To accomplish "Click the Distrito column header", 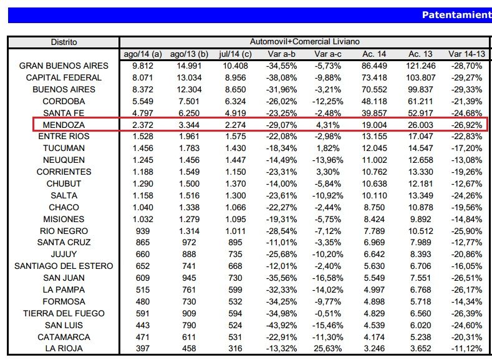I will [x=64, y=42].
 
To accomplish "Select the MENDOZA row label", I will [x=64, y=125].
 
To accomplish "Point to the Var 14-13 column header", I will [x=465, y=54].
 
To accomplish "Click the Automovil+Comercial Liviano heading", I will [x=304, y=42].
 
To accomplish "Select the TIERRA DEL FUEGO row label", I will [x=64, y=313].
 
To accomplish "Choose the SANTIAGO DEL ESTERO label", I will [x=64, y=266].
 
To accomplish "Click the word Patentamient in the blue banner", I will [x=456, y=14].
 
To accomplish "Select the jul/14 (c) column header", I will [x=234, y=54].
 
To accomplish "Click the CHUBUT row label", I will [x=64, y=183].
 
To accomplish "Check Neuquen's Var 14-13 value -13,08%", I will [x=465, y=160].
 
